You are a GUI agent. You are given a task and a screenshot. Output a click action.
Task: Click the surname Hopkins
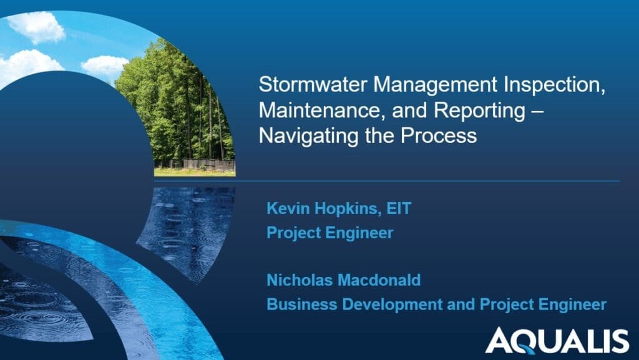point(345,208)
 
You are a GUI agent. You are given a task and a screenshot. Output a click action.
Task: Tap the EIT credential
point(399,208)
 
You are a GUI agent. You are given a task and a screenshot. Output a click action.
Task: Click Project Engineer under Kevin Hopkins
point(330,233)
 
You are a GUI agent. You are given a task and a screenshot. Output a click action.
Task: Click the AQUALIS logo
point(557,341)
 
